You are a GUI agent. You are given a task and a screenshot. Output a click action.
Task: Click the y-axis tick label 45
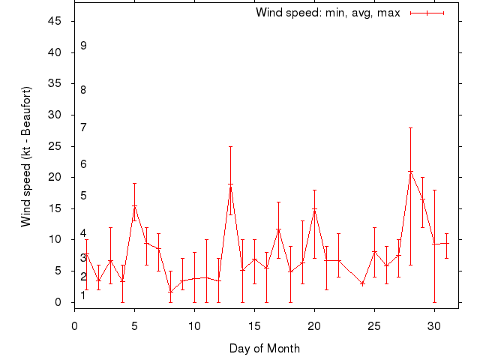pyautogui.click(x=55, y=21)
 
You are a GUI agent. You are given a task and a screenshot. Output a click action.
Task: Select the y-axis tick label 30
pyautogui.click(x=55, y=115)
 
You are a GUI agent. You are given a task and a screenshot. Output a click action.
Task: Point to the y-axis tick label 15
pyautogui.click(x=55, y=208)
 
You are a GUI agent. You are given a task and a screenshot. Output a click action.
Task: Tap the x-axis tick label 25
pyautogui.click(x=374, y=326)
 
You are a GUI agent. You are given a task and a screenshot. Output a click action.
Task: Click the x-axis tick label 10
pyautogui.click(x=194, y=326)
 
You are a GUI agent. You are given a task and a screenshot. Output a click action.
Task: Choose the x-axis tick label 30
pyautogui.click(x=434, y=326)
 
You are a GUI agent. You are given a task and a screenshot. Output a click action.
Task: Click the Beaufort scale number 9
pyautogui.click(x=84, y=46)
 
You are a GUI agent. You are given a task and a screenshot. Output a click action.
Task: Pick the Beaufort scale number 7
pyautogui.click(x=84, y=127)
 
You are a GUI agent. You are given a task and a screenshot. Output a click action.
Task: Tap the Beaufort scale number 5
pyautogui.click(x=84, y=196)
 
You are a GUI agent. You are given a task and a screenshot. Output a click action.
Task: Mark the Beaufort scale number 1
pyautogui.click(x=83, y=295)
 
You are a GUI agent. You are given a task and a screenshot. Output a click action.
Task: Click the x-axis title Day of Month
pyautogui.click(x=264, y=348)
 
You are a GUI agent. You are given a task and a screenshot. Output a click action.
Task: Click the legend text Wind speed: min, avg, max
pyautogui.click(x=328, y=13)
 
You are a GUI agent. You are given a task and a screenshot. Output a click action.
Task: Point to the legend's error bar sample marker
pyautogui.click(x=427, y=13)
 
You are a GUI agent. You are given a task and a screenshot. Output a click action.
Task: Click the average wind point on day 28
pyautogui.click(x=410, y=172)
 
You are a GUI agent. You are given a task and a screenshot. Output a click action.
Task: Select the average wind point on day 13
pyautogui.click(x=230, y=185)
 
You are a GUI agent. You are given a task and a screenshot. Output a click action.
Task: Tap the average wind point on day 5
pyautogui.click(x=134, y=206)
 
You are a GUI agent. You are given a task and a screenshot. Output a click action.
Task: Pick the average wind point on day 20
pyautogui.click(x=314, y=209)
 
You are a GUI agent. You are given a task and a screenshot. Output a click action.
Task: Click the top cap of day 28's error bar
pyautogui.click(x=410, y=127)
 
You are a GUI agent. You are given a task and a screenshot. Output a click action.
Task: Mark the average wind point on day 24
pyautogui.click(x=362, y=283)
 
